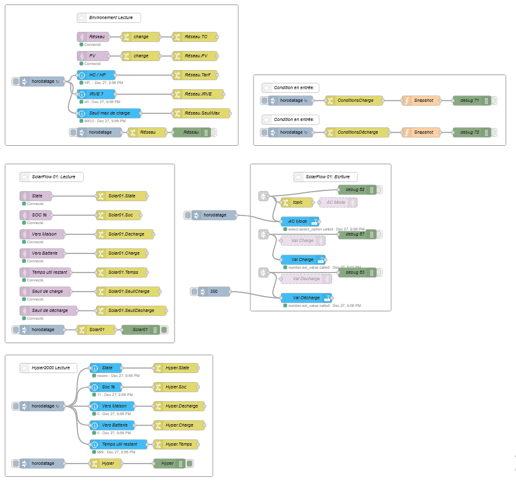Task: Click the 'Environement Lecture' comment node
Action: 109,18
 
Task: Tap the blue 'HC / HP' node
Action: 96,75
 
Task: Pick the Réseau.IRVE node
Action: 197,94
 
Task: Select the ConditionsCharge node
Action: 354,101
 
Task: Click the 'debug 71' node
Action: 472,101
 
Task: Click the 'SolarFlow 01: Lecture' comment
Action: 52,177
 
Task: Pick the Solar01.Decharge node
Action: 124,234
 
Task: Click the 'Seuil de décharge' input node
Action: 48,311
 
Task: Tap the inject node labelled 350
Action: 210,292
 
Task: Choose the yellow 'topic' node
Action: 297,202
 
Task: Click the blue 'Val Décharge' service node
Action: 306,298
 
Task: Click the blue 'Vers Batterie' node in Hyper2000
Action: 112,425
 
